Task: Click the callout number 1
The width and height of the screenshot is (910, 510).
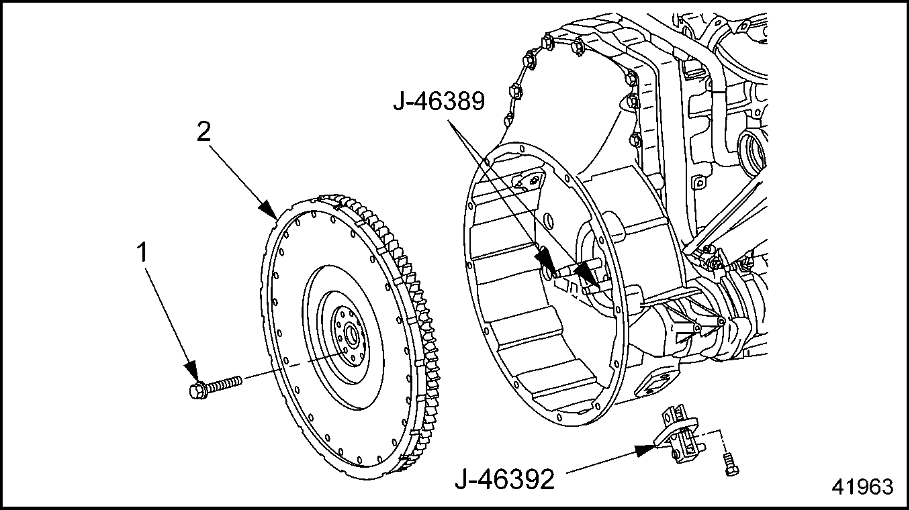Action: point(142,252)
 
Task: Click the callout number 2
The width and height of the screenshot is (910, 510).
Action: point(204,132)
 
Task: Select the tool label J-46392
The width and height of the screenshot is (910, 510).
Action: point(504,479)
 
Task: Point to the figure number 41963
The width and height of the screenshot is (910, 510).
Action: point(862,487)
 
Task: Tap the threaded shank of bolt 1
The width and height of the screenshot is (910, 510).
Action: point(224,383)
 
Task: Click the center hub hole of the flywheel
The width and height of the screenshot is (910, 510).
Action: point(351,336)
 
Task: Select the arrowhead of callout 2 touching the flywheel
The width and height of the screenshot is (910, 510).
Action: point(269,210)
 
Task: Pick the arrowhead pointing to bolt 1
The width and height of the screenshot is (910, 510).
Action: point(191,371)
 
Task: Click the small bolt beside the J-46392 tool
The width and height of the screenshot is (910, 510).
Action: point(731,464)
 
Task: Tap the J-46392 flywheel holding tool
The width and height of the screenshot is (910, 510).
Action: point(678,434)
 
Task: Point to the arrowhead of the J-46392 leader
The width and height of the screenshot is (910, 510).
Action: point(646,450)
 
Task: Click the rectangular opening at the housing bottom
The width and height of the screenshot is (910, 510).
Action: point(654,386)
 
